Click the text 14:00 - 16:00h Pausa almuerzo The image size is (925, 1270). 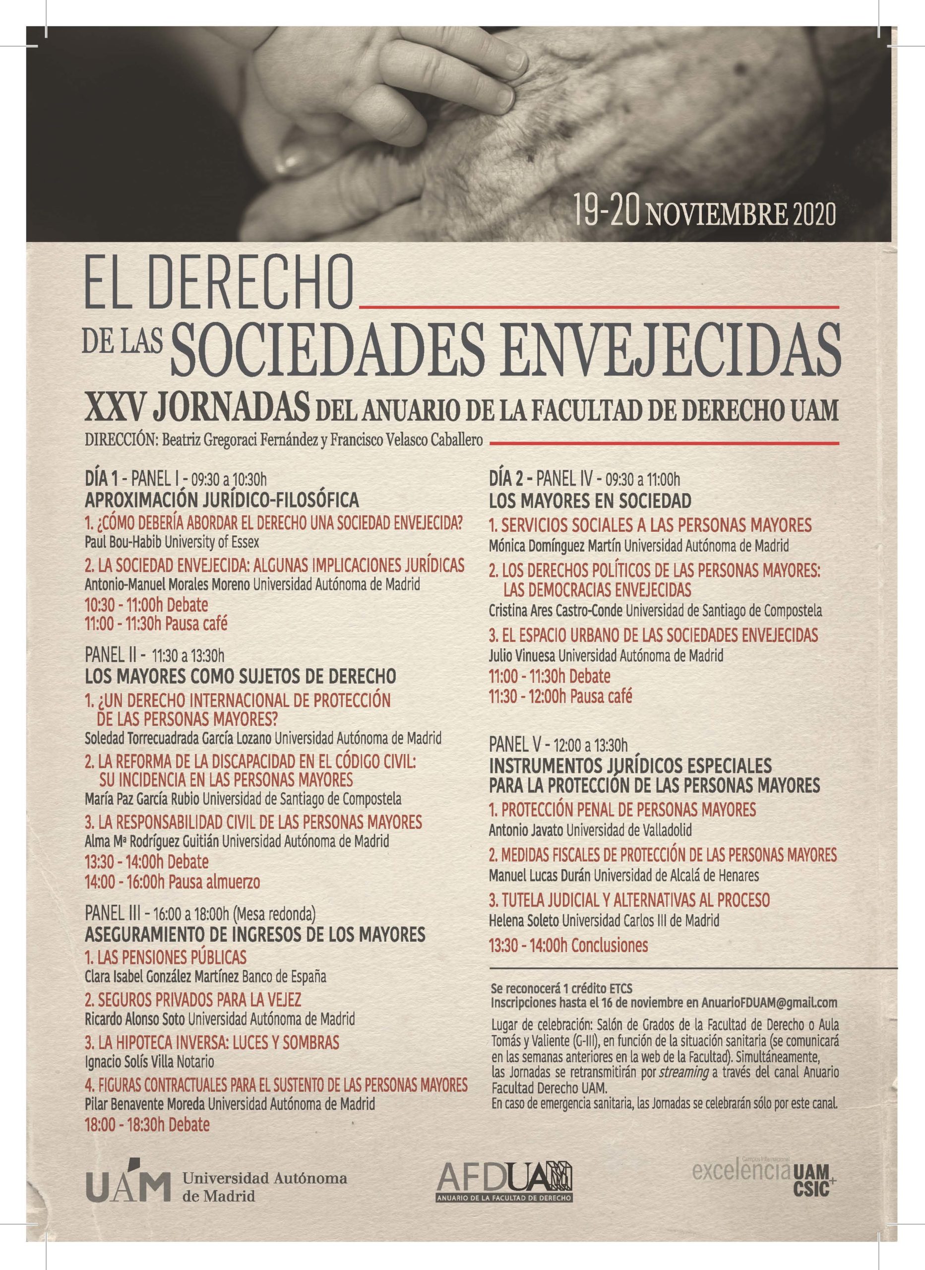click(173, 882)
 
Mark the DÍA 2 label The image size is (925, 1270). click(508, 479)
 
